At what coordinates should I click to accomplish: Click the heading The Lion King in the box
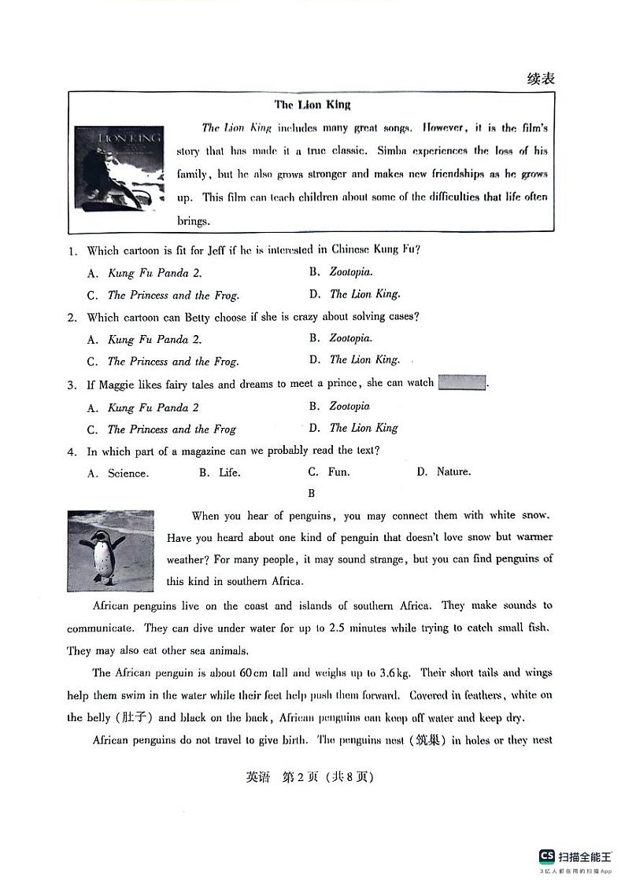[x=312, y=105]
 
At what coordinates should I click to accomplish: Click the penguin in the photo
[x=102, y=554]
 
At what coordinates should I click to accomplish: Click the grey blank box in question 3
[x=462, y=383]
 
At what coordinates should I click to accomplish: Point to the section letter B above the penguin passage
[x=312, y=494]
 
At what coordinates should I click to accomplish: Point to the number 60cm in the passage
[x=254, y=672]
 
